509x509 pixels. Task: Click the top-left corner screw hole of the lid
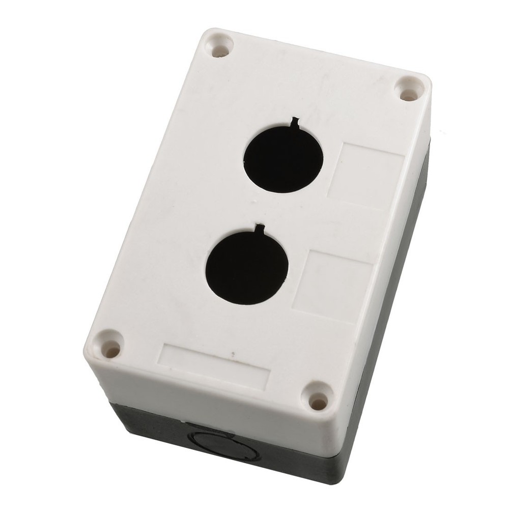click(x=220, y=48)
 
